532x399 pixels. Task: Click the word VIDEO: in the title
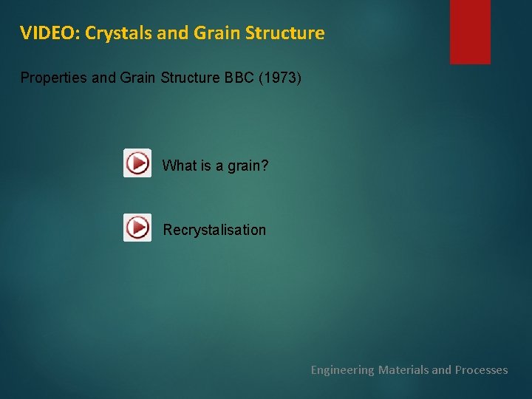pos(50,33)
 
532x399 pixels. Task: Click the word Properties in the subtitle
pos(53,78)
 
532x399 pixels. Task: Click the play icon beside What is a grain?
pos(137,163)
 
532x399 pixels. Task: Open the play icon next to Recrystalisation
pos(137,228)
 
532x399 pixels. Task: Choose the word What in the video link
pos(177,166)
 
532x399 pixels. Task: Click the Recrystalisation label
pos(214,230)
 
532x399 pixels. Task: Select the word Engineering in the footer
pos(342,369)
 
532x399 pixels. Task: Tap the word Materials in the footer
pos(403,369)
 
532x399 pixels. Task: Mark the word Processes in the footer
pos(481,369)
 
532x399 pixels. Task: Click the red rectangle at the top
pos(470,31)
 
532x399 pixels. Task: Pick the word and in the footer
pos(441,369)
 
